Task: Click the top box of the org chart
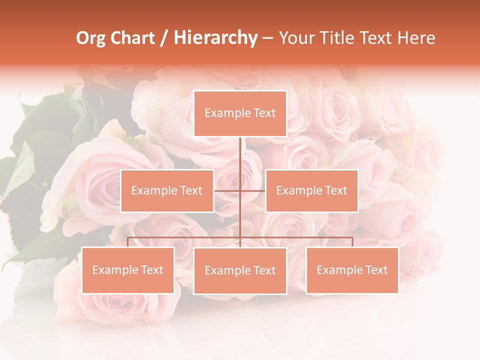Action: [x=240, y=113]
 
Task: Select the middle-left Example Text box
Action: [x=167, y=190]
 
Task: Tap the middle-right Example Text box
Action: [x=311, y=190]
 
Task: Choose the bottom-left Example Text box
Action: [x=128, y=270]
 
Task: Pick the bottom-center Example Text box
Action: [x=240, y=270]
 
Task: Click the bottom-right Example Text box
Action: [x=352, y=270]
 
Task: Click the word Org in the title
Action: [x=90, y=38]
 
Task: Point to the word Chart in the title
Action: [x=132, y=38]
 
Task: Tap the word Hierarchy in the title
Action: [x=215, y=38]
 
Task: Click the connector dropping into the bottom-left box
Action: [x=128, y=242]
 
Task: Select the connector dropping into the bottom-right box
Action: [x=352, y=242]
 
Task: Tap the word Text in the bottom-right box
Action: [x=376, y=270]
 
